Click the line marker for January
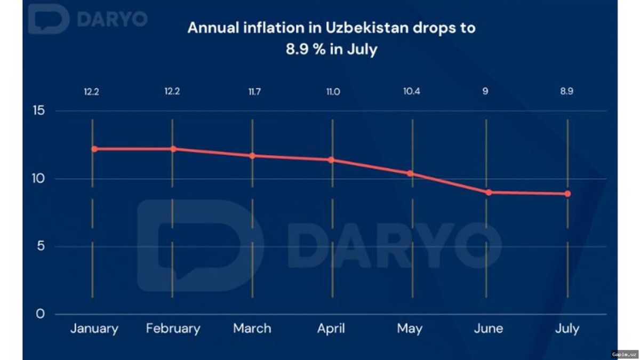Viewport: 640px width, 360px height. (94, 149)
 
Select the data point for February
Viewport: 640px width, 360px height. (173, 149)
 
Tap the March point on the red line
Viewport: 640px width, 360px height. (252, 156)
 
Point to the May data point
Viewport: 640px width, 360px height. (410, 173)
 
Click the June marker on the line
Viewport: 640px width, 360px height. (489, 192)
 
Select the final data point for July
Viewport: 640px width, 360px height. (567, 194)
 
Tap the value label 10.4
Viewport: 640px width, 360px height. (412, 91)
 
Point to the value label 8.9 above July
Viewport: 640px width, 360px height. (567, 91)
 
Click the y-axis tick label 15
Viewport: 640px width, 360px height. (41, 111)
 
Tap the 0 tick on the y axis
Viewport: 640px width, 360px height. (41, 314)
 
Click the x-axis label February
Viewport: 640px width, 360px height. (173, 329)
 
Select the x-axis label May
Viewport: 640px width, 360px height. (410, 329)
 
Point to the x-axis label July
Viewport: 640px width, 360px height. (567, 329)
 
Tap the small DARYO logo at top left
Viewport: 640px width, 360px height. (88, 19)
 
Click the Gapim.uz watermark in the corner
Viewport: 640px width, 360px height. (625, 354)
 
